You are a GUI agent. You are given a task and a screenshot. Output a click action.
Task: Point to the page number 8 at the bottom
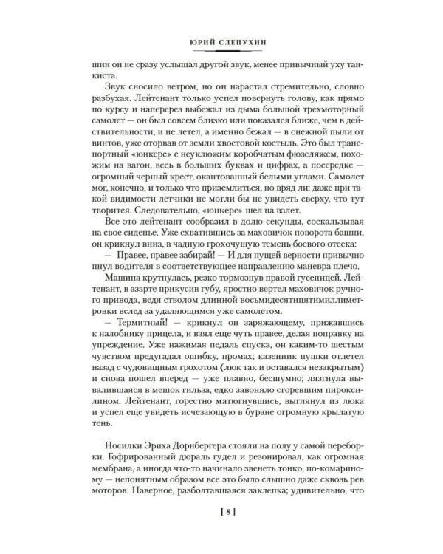click(x=221, y=530)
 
